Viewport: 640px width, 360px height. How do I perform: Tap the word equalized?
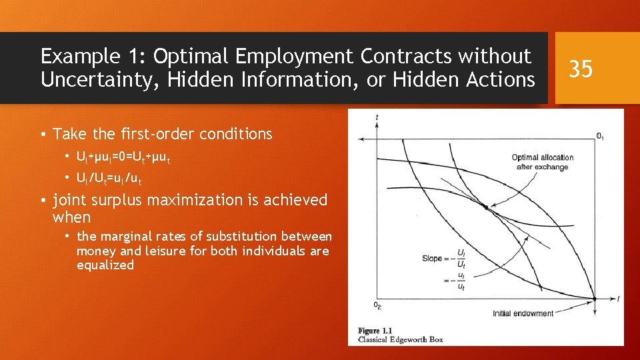(105, 265)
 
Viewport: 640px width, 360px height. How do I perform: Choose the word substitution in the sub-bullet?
(243, 236)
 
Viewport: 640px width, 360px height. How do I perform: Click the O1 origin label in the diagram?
(600, 137)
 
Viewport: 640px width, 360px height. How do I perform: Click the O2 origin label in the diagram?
(377, 305)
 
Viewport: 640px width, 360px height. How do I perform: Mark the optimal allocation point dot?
(486, 208)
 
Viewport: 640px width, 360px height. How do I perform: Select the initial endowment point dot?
(594, 299)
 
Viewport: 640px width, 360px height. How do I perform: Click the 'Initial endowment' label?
(523, 313)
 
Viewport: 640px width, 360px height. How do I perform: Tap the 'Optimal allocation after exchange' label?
(542, 162)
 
